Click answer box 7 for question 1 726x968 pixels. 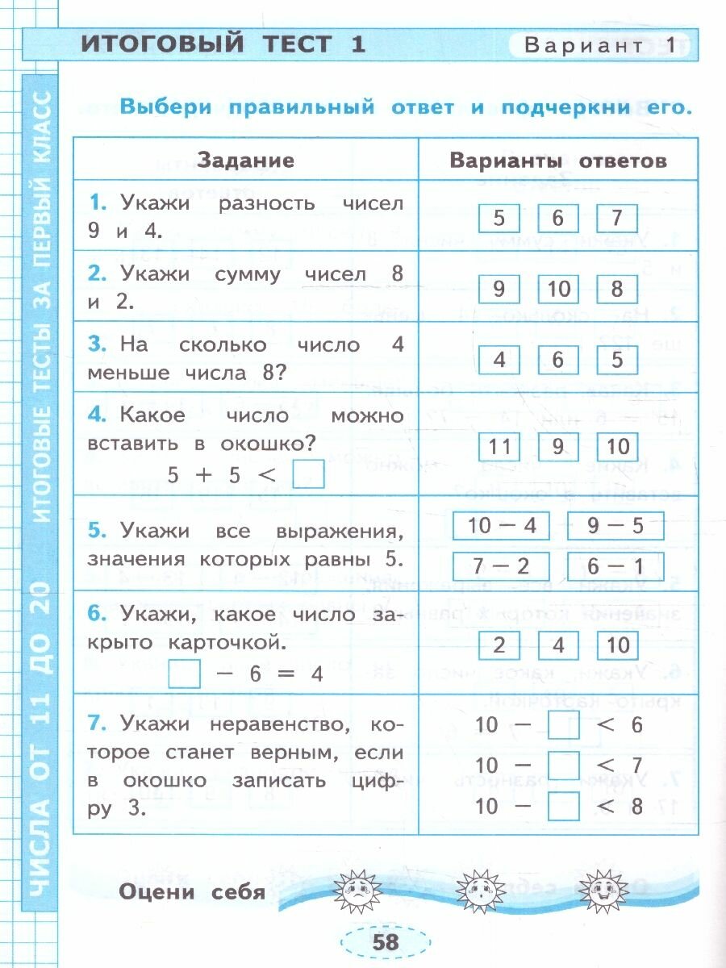click(x=617, y=218)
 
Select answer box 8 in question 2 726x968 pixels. click(x=617, y=288)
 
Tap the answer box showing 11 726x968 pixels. click(x=500, y=447)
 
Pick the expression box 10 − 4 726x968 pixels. click(x=501, y=526)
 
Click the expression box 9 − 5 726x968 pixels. click(x=615, y=526)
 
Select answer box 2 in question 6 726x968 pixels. click(x=499, y=645)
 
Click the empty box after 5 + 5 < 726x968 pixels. click(x=307, y=474)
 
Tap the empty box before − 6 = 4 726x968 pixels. click(x=185, y=674)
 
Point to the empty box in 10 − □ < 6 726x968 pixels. click(x=563, y=724)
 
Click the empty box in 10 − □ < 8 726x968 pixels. click(x=563, y=805)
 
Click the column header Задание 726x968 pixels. click(x=245, y=161)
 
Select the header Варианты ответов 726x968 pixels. click(x=558, y=161)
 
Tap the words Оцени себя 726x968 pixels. click(x=191, y=891)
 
